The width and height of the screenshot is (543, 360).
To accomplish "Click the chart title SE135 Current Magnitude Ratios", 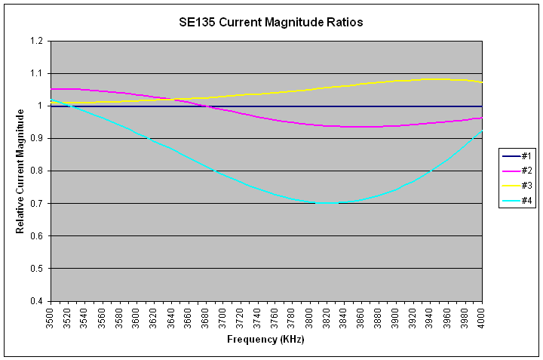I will click(x=271, y=23).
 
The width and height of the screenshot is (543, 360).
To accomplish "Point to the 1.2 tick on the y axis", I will click(x=37, y=41).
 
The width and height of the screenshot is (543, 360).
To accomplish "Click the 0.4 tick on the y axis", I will click(x=37, y=301).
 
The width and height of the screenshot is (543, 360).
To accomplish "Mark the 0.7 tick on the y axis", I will click(x=37, y=204).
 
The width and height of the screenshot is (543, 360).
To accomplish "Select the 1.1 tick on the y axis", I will click(x=37, y=73).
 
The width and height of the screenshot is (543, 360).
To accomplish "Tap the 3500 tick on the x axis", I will click(x=51, y=317).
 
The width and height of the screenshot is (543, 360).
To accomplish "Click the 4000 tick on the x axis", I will click(x=482, y=317).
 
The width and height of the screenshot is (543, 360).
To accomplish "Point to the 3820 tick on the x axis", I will click(x=327, y=317).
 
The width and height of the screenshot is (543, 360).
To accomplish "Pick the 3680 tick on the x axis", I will click(x=206, y=317).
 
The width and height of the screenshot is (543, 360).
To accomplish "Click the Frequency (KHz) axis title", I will click(x=265, y=340).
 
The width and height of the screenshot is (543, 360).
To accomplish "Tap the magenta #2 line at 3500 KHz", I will click(x=51, y=89).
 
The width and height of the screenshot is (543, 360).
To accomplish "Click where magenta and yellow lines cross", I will click(x=175, y=99).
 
